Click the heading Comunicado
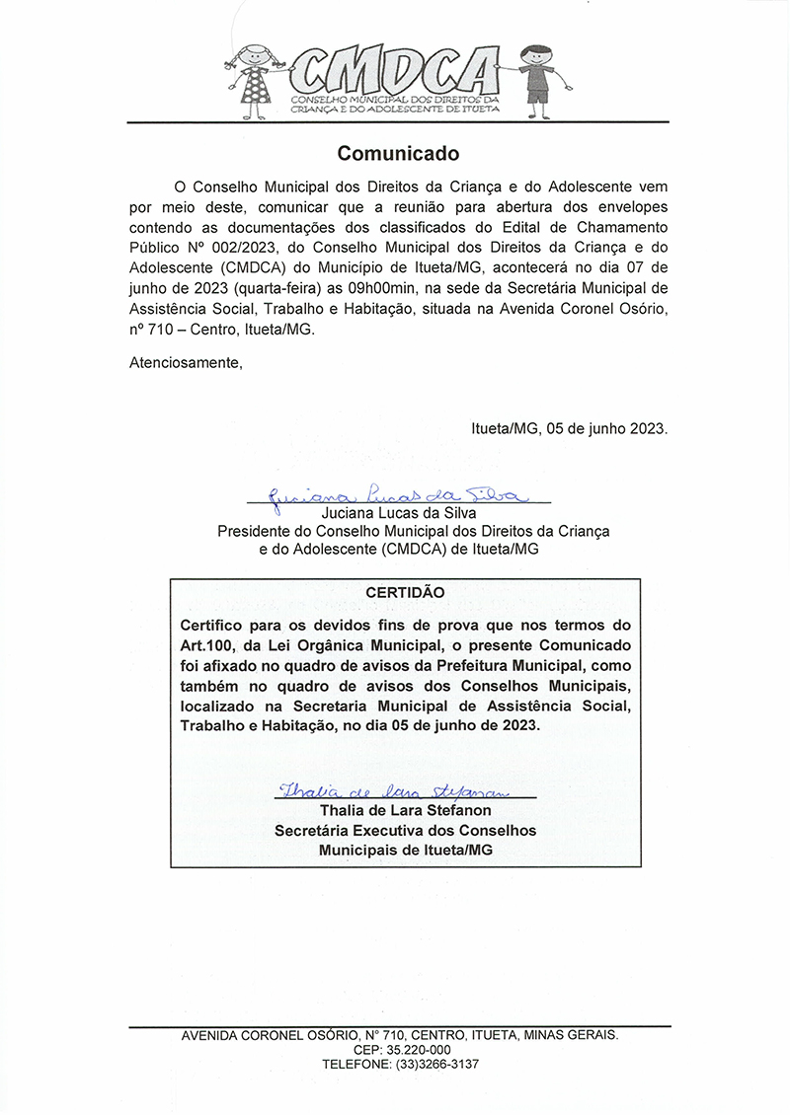(398, 154)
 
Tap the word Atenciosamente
(186, 362)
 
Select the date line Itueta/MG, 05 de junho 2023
(570, 429)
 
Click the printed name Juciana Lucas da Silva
(399, 513)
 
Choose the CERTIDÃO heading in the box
(405, 592)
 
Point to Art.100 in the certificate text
(211, 645)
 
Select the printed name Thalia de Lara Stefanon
(405, 811)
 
